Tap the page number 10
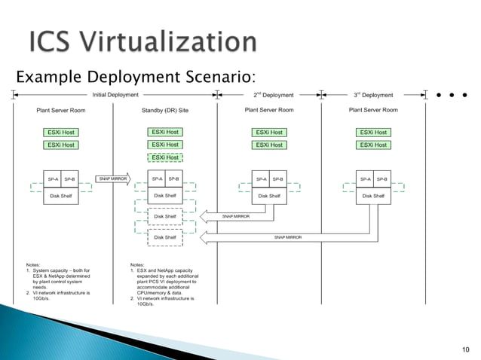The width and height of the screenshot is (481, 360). pyautogui.click(x=463, y=347)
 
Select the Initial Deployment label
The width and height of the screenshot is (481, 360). pyautogui.click(x=115, y=95)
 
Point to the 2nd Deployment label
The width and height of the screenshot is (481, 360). pyautogui.click(x=273, y=95)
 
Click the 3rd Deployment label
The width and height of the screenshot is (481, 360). pyautogui.click(x=373, y=95)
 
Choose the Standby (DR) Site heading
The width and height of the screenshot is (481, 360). pyautogui.click(x=164, y=110)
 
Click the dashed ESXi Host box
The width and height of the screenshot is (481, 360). pyautogui.click(x=165, y=157)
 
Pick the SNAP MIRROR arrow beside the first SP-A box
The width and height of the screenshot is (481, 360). pyautogui.click(x=114, y=179)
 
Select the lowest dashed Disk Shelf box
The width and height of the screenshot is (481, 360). pyautogui.click(x=165, y=237)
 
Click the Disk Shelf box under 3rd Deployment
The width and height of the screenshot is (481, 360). pyautogui.click(x=373, y=196)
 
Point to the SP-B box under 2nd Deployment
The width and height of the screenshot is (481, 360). pyautogui.click(x=278, y=179)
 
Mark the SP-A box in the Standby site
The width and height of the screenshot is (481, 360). pyautogui.click(x=156, y=179)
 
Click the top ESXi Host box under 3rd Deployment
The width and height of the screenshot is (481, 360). pyautogui.click(x=373, y=133)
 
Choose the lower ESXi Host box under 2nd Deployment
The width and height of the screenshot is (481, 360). pyautogui.click(x=269, y=145)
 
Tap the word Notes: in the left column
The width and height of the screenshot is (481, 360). pyautogui.click(x=34, y=264)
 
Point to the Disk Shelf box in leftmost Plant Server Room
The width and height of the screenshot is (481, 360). pyautogui.click(x=61, y=196)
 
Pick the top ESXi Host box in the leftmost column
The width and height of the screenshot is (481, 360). pyautogui.click(x=61, y=133)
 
